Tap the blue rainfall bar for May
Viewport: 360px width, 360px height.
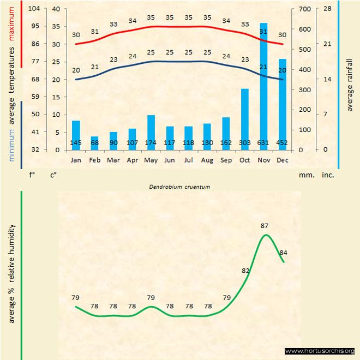coord(151,131)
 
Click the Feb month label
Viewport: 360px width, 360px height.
coord(94,160)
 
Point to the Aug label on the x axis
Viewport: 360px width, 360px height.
coord(207,160)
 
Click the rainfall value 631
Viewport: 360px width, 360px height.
coord(263,143)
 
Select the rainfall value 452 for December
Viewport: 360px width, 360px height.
coord(282,143)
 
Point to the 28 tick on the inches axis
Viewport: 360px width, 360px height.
coord(327,9)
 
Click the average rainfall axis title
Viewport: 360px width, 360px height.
coord(350,82)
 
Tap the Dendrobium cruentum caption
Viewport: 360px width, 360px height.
coord(179,187)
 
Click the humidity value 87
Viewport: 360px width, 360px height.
coord(265,226)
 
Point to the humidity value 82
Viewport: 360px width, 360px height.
coord(245,271)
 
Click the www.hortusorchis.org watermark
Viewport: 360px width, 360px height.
coord(320,351)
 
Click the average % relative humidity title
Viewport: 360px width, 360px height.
coord(11,273)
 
